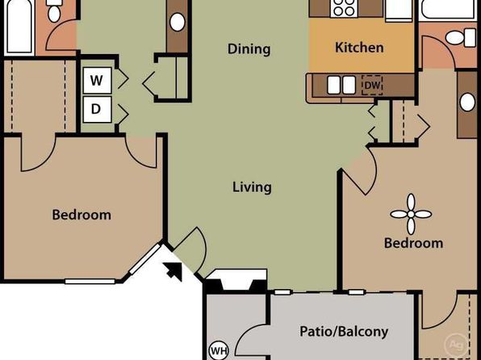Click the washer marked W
tap(97, 81)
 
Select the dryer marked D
tap(97, 109)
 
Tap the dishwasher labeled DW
tap(372, 85)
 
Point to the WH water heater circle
tap(219, 350)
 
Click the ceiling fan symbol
tap(411, 214)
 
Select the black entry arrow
tap(173, 271)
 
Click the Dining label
tap(249, 49)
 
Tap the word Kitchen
tap(359, 48)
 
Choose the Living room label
tap(252, 187)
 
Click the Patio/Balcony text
tap(344, 332)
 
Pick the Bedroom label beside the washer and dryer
tap(82, 215)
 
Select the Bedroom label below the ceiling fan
tap(413, 243)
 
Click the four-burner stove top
tap(344, 8)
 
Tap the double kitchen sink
tap(341, 85)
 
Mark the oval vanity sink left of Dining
tap(178, 22)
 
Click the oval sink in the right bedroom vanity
tap(467, 102)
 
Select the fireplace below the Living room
tap(236, 281)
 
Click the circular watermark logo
tap(457, 345)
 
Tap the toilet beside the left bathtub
tap(54, 10)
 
